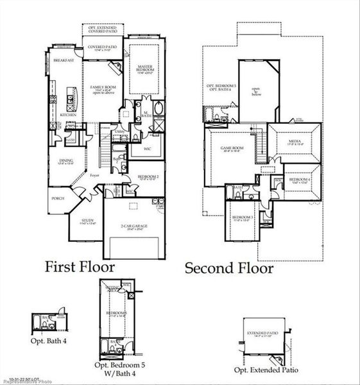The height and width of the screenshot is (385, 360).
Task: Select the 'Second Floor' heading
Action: tap(229, 268)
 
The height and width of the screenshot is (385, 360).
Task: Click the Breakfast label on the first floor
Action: tap(64, 60)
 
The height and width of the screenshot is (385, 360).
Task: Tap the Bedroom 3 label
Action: tap(243, 218)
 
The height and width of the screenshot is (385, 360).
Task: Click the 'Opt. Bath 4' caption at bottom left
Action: tap(50, 340)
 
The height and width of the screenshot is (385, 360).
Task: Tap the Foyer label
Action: tap(94, 174)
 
